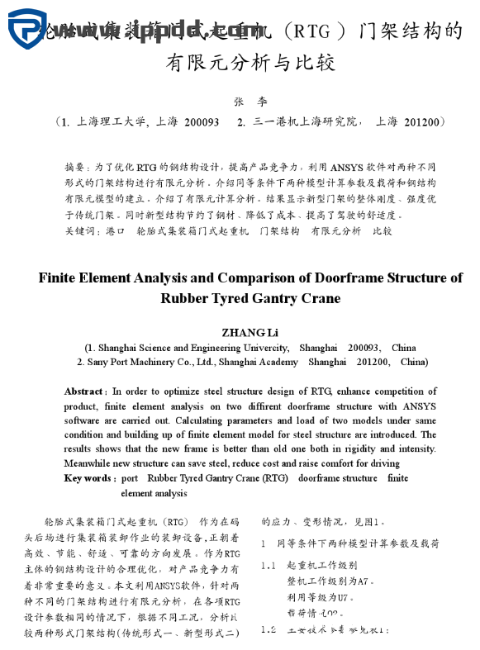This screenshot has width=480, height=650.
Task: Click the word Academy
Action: [280, 362]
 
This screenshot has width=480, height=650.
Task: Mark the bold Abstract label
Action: [84, 391]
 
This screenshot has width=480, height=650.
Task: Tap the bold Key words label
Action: [88, 478]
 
